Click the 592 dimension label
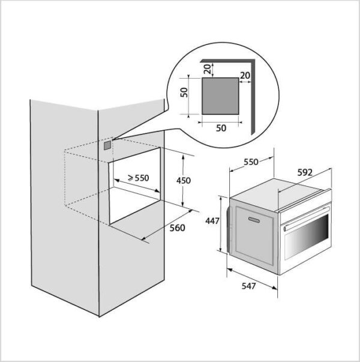[x=305, y=172]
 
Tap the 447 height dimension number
[x=212, y=221]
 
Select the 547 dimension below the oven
[x=249, y=286]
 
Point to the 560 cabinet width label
[x=177, y=228]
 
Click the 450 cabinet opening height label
[x=184, y=180]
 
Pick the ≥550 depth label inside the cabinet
[x=139, y=178]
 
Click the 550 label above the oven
[x=251, y=162]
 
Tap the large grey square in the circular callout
[x=220, y=96]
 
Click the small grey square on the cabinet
[x=107, y=145]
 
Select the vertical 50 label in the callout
[x=184, y=92]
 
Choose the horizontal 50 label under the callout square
[x=221, y=128]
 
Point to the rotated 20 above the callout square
[x=208, y=69]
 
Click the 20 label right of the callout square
[x=245, y=75]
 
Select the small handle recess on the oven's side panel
[x=254, y=220]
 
